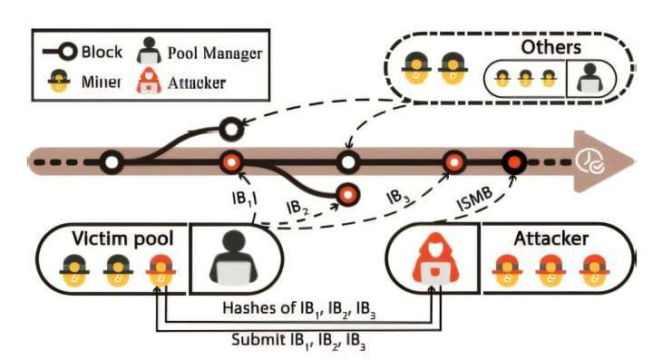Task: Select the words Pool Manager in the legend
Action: click(x=215, y=53)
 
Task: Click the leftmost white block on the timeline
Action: click(x=112, y=162)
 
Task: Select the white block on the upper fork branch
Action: click(x=231, y=127)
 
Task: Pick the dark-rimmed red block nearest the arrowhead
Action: click(x=515, y=162)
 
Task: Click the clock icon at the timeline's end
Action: click(x=591, y=163)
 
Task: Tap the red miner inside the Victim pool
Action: click(x=161, y=273)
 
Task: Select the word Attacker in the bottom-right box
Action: click(x=551, y=240)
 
